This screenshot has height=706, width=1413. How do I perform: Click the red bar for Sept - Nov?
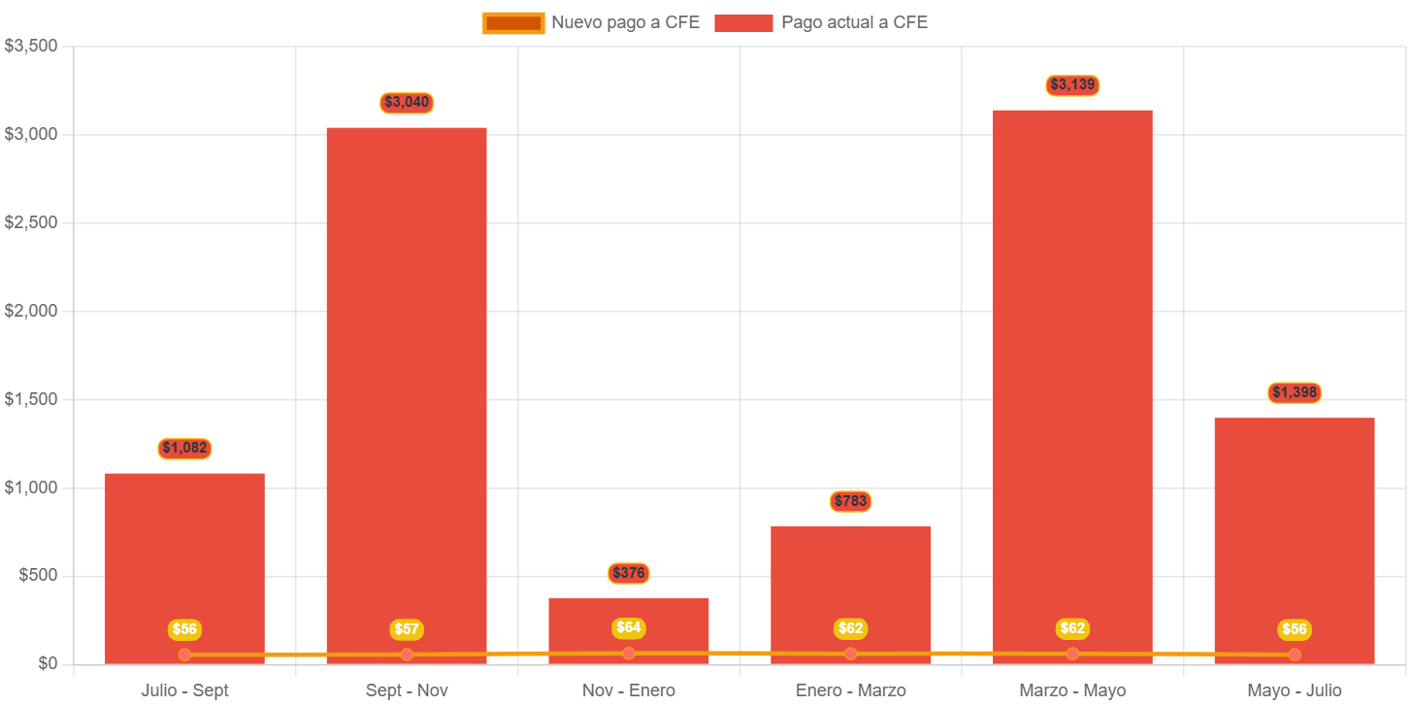click(x=407, y=388)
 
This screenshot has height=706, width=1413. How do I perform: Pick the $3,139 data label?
click(x=1072, y=85)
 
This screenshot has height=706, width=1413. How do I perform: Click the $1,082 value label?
click(x=184, y=449)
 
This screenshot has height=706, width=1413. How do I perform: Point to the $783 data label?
click(x=850, y=502)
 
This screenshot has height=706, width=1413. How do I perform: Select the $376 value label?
click(x=629, y=573)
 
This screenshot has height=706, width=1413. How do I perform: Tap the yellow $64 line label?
click(x=629, y=628)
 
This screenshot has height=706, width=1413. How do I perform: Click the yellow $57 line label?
click(x=407, y=629)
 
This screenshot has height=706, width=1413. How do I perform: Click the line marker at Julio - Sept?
click(x=184, y=655)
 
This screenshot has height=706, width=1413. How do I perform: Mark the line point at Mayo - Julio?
click(x=1295, y=655)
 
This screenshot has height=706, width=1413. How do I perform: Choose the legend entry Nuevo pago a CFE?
click(x=592, y=22)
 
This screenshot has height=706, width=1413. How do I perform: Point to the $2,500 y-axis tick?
click(x=31, y=222)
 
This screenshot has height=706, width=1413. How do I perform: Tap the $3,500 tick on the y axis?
click(x=31, y=46)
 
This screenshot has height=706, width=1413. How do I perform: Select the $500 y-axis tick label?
click(x=38, y=575)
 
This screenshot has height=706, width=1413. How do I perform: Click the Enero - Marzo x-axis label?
click(x=850, y=690)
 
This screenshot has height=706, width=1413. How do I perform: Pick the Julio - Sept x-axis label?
click(x=184, y=690)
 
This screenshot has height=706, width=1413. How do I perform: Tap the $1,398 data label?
click(x=1295, y=393)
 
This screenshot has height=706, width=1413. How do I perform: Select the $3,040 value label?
click(x=407, y=102)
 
